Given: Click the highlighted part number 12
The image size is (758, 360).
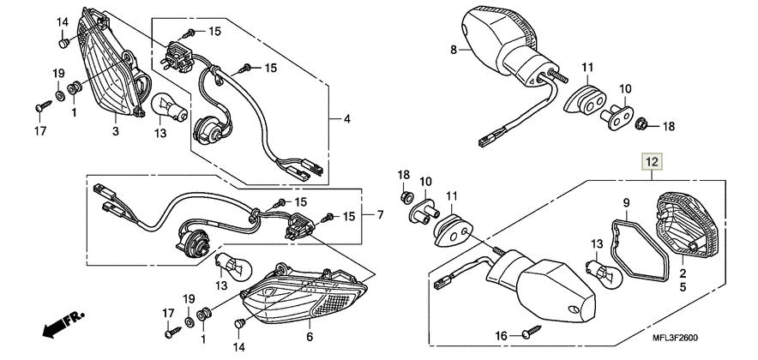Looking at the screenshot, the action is coord(653,162).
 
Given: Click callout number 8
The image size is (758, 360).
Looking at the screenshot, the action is coord(454,50).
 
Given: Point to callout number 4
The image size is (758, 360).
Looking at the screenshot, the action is coord(347,118).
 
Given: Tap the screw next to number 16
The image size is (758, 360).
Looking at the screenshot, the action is coord(532,333).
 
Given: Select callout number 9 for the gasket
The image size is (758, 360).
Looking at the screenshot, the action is coord(626,202).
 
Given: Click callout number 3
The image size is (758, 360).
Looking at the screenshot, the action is coord(116,131).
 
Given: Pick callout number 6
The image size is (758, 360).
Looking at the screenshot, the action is coord(310,336).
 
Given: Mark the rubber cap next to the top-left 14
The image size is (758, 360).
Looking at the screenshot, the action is coord(63,44).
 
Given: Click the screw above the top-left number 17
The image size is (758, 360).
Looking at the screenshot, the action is coord(44,105).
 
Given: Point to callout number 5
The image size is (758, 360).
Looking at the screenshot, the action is coord(683,287).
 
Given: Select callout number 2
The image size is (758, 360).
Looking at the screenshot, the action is coord(683,273).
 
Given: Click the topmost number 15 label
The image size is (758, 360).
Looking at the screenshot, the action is coord(214,32).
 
